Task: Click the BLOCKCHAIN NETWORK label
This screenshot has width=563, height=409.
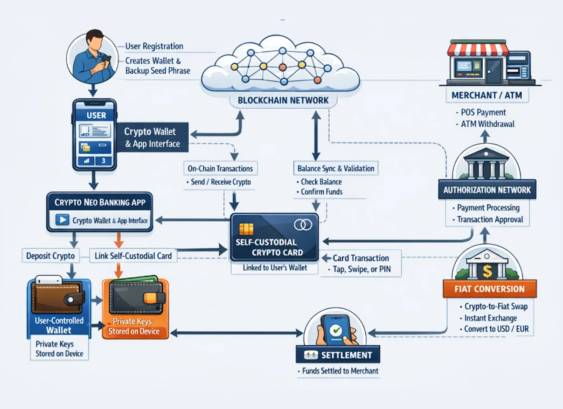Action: (x=283, y=100)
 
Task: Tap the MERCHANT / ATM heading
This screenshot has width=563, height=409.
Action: (x=487, y=96)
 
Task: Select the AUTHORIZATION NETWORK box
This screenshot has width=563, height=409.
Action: (x=487, y=190)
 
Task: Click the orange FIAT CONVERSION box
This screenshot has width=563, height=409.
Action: (x=489, y=289)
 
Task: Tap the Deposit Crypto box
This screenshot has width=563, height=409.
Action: (x=50, y=256)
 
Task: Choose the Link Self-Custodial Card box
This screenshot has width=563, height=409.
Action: (x=133, y=256)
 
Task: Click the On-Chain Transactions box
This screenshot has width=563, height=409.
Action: (x=220, y=169)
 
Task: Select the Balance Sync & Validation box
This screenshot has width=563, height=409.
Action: (x=335, y=169)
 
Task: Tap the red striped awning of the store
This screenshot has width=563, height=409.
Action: (x=478, y=48)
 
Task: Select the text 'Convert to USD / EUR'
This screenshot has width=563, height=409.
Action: (x=496, y=329)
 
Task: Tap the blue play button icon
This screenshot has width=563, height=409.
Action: (x=62, y=220)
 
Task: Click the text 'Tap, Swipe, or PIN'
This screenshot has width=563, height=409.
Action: (x=361, y=269)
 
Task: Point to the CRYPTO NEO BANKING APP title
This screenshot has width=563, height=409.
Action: (x=100, y=202)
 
